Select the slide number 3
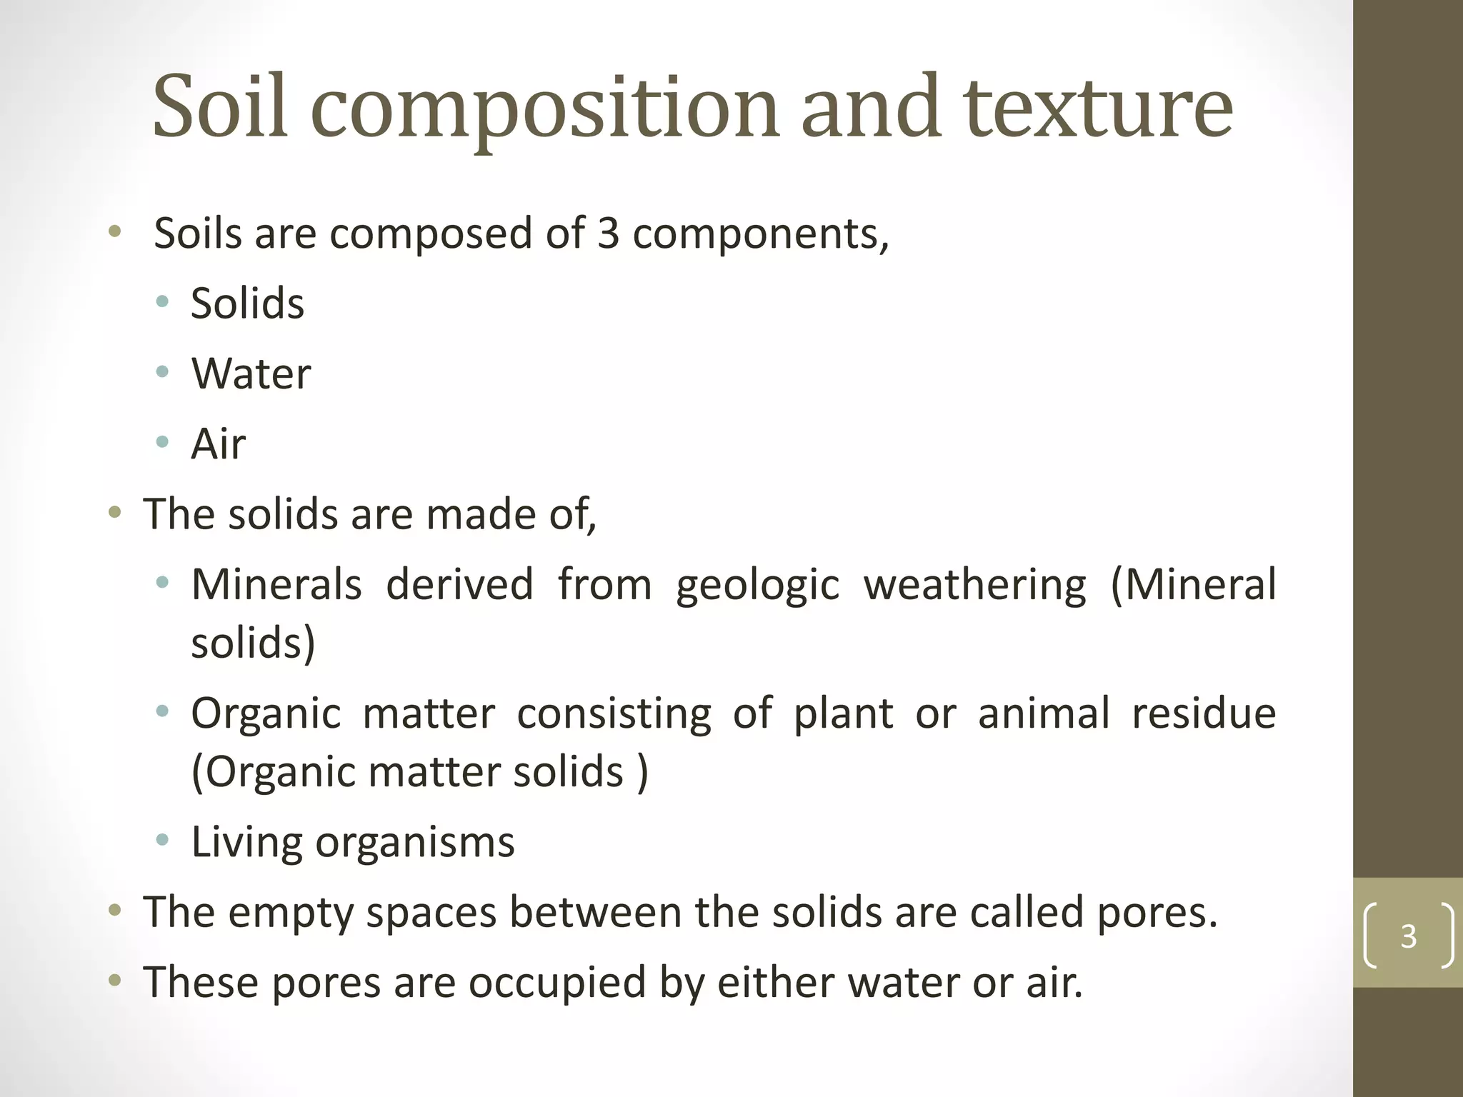[1408, 936]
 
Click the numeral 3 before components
[608, 233]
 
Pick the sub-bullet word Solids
[247, 303]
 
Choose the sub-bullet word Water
[251, 373]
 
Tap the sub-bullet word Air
[218, 444]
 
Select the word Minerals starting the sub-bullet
[276, 584]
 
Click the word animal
[1044, 713]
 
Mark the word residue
[1204, 713]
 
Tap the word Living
[246, 843]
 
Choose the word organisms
[414, 843]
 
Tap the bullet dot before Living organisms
[163, 839]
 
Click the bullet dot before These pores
[114, 980]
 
